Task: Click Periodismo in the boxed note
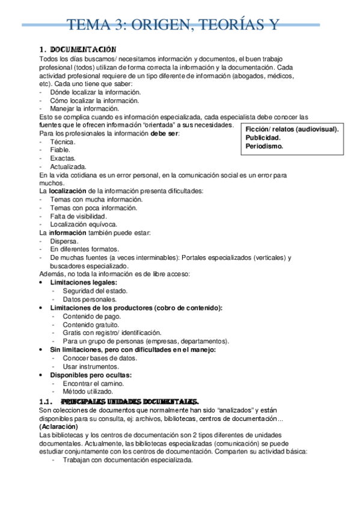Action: (264, 146)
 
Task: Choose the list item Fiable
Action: (61, 150)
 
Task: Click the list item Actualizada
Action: (69, 167)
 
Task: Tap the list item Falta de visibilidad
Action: (79, 216)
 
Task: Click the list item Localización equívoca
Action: (84, 224)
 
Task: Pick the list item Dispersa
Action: (64, 241)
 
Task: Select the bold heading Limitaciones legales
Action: (84, 283)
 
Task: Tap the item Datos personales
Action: (90, 300)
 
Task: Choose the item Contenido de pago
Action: (91, 316)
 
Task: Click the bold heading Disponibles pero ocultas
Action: (91, 375)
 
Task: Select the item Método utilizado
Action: (89, 391)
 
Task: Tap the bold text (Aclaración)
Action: (60, 426)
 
